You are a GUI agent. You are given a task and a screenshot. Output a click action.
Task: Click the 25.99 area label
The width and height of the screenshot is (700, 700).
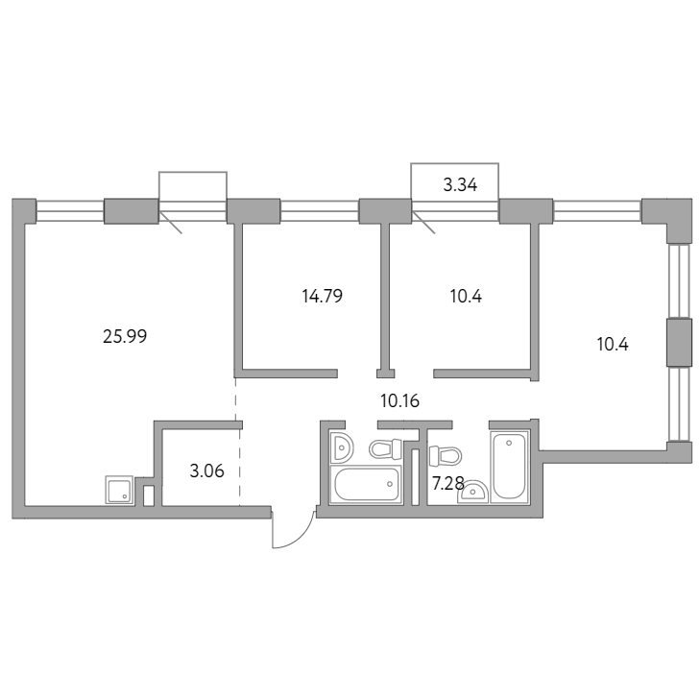tap(125, 336)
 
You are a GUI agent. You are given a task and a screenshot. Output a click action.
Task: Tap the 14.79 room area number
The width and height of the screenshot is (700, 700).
tap(323, 296)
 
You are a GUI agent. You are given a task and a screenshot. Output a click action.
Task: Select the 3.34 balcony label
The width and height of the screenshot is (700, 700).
tap(460, 184)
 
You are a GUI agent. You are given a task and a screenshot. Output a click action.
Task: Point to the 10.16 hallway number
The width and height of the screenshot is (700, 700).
tap(400, 401)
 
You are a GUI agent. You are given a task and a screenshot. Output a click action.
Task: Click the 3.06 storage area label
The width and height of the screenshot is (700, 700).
tap(206, 471)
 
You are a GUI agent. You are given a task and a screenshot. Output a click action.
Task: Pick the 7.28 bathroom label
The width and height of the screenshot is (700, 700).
tap(448, 483)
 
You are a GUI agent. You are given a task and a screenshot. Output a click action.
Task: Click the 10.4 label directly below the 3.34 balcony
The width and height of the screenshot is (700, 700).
tap(466, 296)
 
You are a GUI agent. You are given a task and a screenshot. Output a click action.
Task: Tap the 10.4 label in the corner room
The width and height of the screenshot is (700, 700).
tap(613, 345)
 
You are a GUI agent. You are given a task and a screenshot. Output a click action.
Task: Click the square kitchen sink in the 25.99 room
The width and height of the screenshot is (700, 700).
tap(120, 490)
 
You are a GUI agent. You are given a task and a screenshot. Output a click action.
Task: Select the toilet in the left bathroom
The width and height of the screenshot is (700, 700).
tap(386, 448)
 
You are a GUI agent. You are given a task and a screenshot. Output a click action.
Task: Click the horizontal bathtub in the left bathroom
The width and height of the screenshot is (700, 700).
tap(366, 484)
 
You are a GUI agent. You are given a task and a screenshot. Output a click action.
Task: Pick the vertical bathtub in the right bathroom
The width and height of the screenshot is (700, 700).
tap(509, 467)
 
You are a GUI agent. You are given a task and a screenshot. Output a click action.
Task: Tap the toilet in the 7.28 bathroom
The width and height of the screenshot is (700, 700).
tap(446, 456)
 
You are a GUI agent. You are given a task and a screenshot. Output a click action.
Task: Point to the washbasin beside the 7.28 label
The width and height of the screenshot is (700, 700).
tap(472, 492)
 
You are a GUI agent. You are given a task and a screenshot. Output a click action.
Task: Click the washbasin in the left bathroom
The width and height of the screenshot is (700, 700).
tap(342, 447)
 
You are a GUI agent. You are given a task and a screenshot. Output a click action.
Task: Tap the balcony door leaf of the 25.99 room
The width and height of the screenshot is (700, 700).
tap(170, 223)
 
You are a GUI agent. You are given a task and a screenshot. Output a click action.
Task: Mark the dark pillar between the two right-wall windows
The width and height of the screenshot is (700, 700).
tap(679, 343)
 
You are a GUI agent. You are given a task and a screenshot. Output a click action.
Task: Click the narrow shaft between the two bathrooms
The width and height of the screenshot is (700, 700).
tap(415, 477)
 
